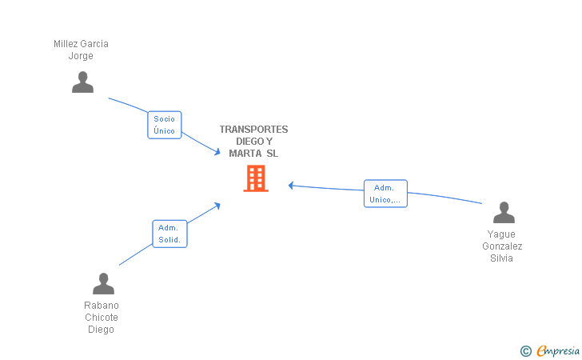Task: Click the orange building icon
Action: click(256, 178)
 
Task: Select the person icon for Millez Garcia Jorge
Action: click(82, 82)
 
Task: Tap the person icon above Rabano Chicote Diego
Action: click(103, 283)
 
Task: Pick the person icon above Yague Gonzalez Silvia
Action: click(504, 212)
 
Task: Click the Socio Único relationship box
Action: click(165, 125)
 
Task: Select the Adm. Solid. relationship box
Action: click(169, 234)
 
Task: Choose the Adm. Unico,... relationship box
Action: click(385, 194)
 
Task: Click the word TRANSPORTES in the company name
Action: click(254, 130)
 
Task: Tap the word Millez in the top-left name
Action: click(65, 44)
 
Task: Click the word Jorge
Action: click(81, 56)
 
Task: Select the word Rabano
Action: click(102, 306)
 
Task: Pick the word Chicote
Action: click(102, 318)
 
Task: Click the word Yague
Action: click(501, 234)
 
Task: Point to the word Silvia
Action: click(501, 258)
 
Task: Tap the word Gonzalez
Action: click(502, 246)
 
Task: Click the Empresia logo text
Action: click(558, 350)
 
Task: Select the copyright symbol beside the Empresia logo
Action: click(525, 351)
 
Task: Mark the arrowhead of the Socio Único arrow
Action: click(217, 151)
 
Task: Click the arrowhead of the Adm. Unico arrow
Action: click(291, 186)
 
